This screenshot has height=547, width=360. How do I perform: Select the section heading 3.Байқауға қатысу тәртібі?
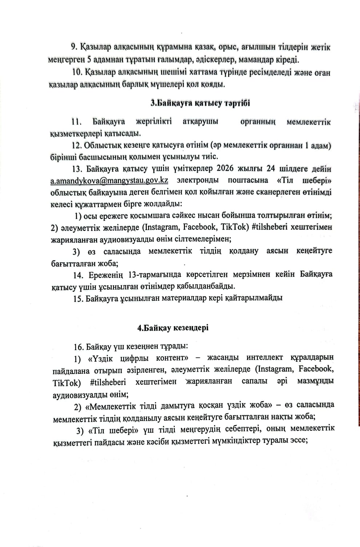200,103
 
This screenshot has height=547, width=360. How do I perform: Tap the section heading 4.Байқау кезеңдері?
173,328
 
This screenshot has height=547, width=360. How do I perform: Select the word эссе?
300,440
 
